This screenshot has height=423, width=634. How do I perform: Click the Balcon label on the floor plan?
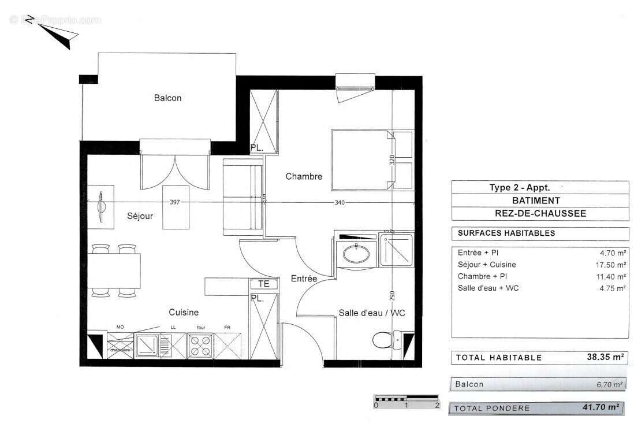tap(167, 98)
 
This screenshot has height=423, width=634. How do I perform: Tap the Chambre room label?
tap(304, 176)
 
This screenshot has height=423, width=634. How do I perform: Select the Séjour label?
tap(140, 216)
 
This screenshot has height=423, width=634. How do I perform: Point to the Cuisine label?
tap(184, 312)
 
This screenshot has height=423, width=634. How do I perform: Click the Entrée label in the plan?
tap(304, 279)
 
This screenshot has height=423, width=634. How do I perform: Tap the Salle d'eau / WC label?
tap(371, 313)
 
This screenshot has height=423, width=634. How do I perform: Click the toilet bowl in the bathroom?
tap(383, 339)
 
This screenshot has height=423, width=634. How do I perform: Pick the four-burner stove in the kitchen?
tap(200, 346)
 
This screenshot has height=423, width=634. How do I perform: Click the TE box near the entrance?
tap(263, 284)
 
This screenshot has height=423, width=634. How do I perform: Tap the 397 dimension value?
tap(176, 202)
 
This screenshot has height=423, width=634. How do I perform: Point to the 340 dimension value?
tap(340, 202)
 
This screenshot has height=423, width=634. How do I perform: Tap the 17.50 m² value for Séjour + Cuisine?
tap(613, 265)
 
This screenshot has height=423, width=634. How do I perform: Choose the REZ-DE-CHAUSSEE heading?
tap(540, 213)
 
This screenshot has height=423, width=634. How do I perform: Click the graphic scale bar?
tap(406, 398)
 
